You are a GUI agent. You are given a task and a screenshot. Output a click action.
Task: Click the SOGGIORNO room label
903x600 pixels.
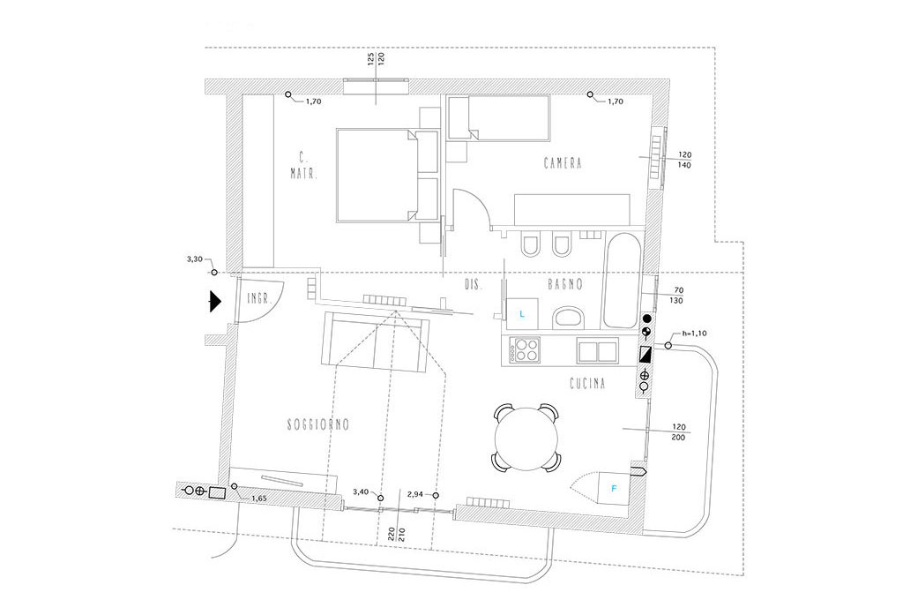318,424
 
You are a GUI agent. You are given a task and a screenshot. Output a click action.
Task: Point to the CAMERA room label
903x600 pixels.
564,163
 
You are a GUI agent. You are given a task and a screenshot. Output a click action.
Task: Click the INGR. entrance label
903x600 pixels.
257,297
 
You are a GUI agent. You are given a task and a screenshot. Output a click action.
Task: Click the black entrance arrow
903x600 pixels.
213,302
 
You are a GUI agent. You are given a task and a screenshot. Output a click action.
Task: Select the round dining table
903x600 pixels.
526,437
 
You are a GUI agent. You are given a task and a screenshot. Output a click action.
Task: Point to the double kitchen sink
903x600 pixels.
599,350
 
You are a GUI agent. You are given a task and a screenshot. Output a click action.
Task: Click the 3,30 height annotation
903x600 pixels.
196,260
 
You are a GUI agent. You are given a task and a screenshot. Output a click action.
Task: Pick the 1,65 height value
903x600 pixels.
258,499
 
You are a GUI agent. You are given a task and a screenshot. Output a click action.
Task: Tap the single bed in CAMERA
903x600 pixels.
499,118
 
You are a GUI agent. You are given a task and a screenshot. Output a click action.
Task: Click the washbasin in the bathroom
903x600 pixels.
567,316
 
